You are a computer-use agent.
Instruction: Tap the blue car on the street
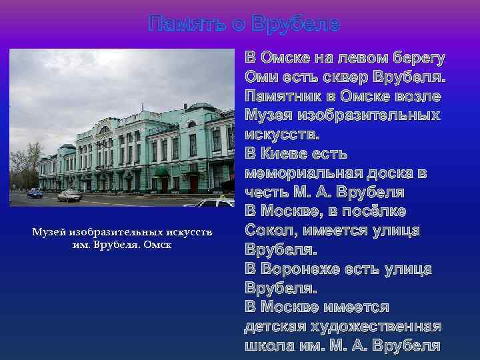coord(35,193)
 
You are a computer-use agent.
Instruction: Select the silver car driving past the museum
coord(69,195)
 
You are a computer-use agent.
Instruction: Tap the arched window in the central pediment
coord(104,130)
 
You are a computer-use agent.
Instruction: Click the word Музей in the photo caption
coord(49,231)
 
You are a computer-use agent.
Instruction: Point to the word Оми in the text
coord(259,77)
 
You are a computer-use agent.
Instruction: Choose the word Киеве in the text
coord(287,154)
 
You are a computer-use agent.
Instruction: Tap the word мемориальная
coord(306,173)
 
